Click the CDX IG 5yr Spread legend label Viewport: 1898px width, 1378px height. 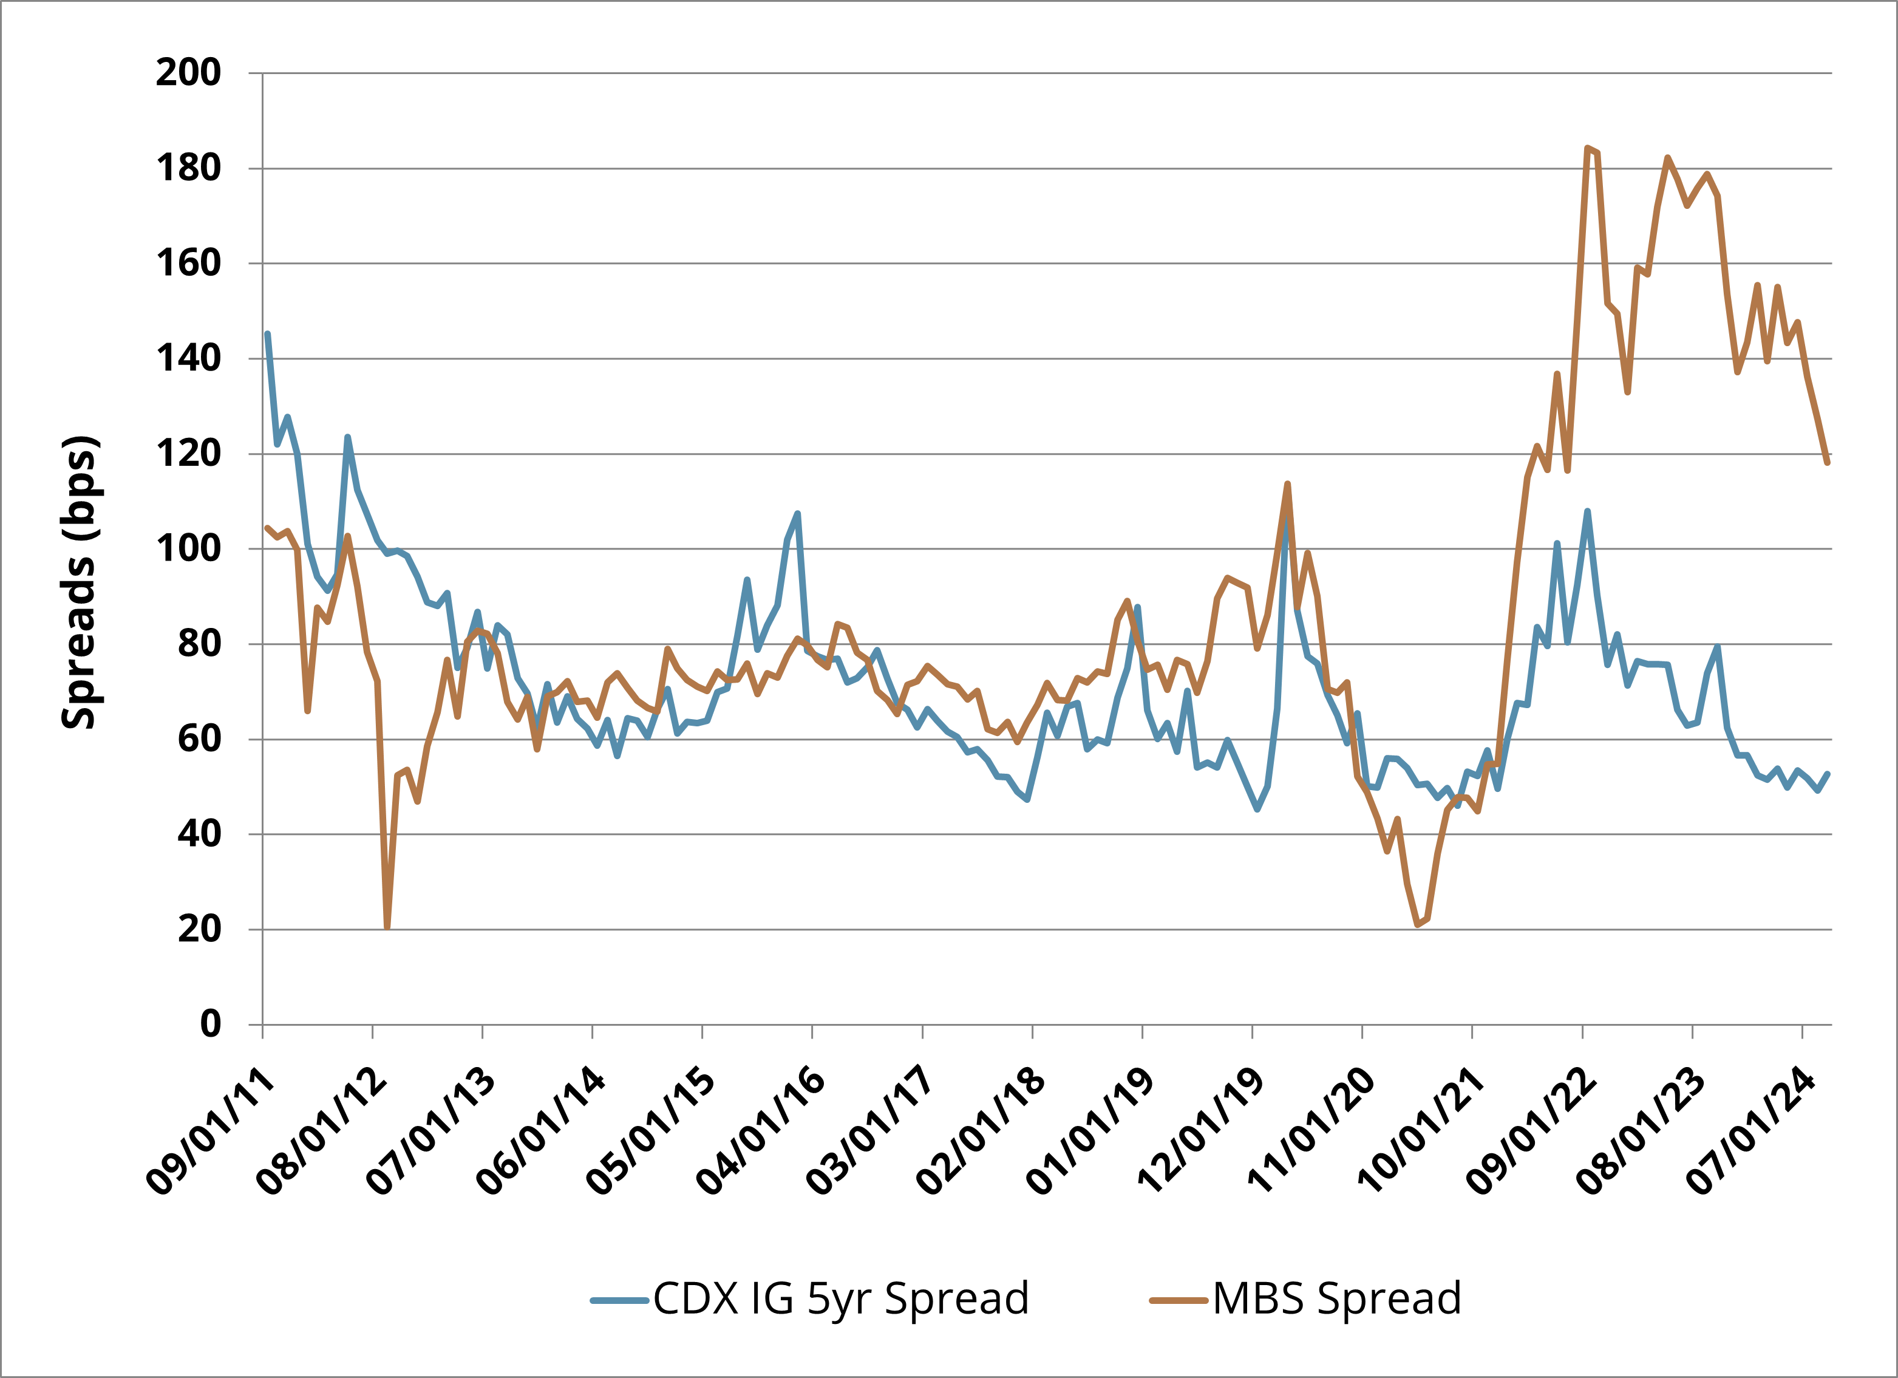840,1298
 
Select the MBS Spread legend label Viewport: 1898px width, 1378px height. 1336,1298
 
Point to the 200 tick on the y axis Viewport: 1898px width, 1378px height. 188,73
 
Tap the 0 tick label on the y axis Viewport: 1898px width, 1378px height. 210,1024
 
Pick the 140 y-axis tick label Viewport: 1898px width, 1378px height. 188,358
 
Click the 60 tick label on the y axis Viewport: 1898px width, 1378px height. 199,738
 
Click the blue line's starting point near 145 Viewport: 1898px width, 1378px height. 267,334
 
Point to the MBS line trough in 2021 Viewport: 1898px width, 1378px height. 1418,925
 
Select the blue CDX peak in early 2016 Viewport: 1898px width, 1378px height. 798,513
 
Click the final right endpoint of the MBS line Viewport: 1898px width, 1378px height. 1828,462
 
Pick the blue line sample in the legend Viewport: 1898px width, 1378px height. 619,1300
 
